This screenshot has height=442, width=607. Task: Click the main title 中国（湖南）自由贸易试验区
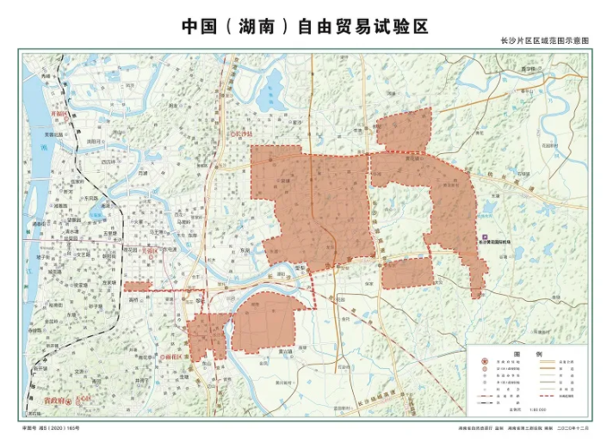(x=304, y=26)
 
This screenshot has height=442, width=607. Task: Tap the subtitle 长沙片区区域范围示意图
(x=543, y=41)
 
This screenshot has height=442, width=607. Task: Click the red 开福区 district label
(x=59, y=114)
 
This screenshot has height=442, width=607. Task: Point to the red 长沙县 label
(x=244, y=135)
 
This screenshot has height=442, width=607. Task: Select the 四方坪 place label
(x=108, y=161)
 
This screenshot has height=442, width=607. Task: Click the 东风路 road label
(x=89, y=198)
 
